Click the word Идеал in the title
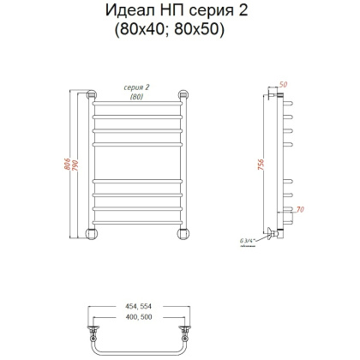click(x=139, y=11)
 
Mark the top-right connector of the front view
click(x=183, y=94)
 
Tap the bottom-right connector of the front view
click(x=183, y=232)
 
